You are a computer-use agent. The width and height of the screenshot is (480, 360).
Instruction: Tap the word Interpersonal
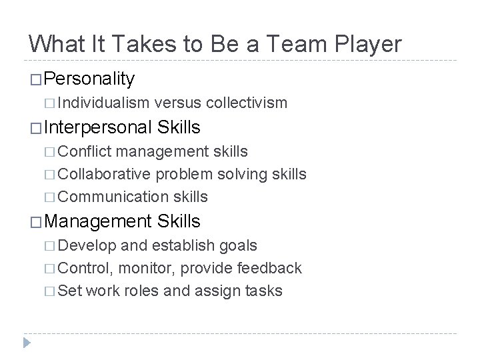[x=99, y=127]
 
